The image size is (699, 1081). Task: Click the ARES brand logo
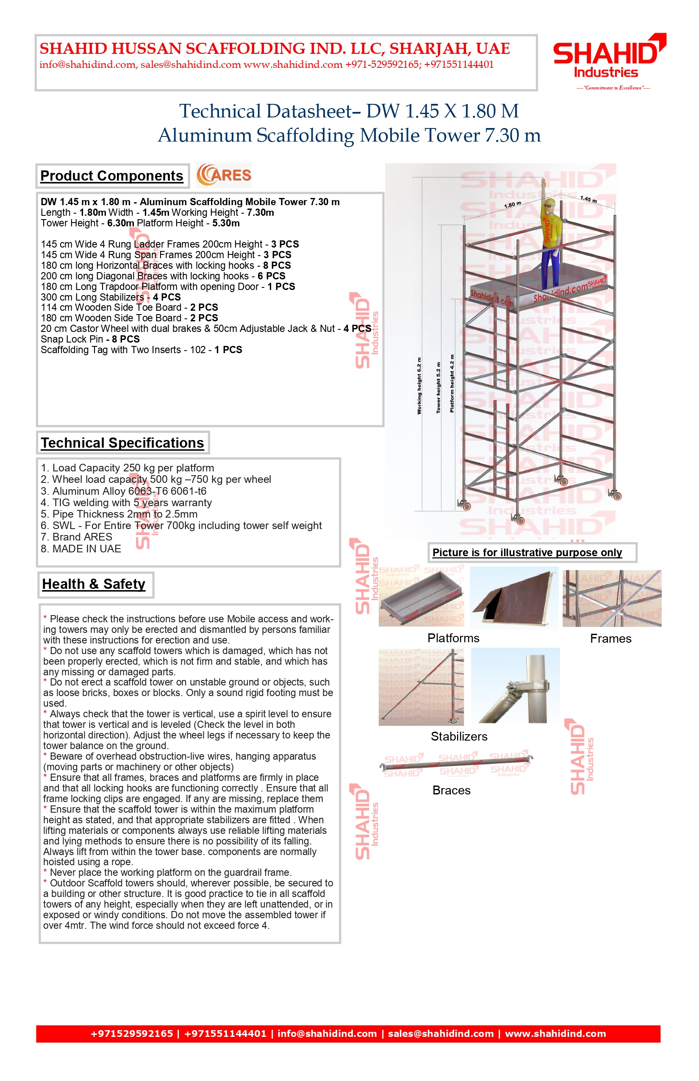(x=224, y=176)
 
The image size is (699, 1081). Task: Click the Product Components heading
(x=112, y=176)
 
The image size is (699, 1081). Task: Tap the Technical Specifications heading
(x=122, y=443)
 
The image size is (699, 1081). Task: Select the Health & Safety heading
(x=94, y=584)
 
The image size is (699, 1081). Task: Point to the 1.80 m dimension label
(x=513, y=205)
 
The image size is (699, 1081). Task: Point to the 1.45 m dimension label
(x=588, y=199)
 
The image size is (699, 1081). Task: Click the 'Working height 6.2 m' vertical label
(x=419, y=386)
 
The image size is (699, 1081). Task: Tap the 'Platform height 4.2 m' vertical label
(x=452, y=384)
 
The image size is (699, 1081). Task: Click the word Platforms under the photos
(x=453, y=638)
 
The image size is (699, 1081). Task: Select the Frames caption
(x=610, y=638)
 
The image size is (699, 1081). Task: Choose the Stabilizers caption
(x=459, y=736)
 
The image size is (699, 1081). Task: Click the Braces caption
(x=451, y=790)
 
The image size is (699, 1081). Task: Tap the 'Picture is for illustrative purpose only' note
(x=527, y=552)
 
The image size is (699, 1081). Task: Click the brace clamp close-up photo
(x=515, y=685)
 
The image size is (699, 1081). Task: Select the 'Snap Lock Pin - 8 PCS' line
(x=90, y=339)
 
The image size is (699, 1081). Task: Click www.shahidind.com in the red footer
(x=555, y=1034)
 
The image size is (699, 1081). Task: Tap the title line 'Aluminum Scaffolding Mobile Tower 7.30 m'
(x=349, y=135)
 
